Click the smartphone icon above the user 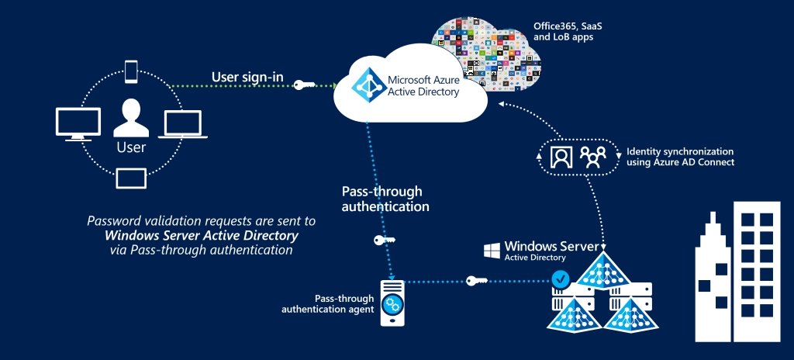131,71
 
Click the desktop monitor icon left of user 78,124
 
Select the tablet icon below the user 130,178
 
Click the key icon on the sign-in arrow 304,85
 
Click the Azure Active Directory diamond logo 367,85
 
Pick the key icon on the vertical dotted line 383,241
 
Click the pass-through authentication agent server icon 393,303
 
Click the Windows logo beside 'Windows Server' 491,250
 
